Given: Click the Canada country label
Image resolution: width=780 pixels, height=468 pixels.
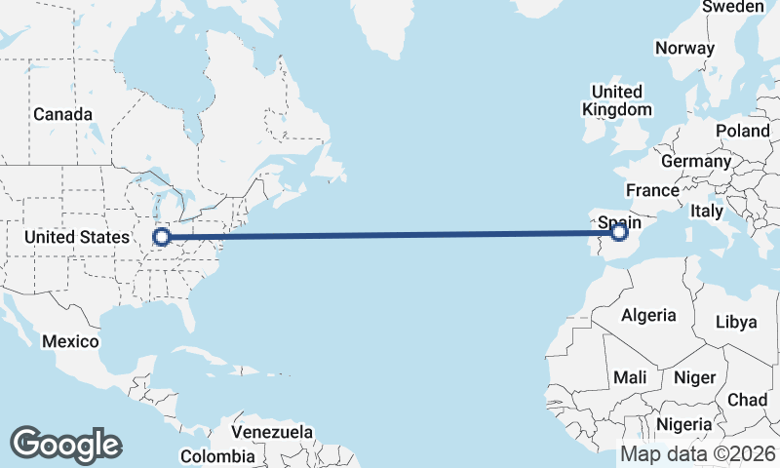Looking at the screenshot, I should (x=62, y=114).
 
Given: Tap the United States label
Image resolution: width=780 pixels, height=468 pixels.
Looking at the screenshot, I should (x=77, y=237).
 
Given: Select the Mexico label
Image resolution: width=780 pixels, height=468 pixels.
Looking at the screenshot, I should (x=70, y=341).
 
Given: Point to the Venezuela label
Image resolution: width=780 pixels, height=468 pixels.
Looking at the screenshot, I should (x=273, y=431).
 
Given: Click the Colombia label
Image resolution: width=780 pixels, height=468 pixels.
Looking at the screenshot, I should (x=217, y=455).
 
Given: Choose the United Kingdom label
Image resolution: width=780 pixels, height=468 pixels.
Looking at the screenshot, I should (x=616, y=100).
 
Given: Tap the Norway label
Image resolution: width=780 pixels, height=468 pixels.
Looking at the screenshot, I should (x=684, y=48).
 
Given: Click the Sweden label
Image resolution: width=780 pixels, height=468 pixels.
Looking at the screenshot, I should (x=733, y=7).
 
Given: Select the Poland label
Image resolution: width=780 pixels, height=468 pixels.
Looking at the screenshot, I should (x=742, y=131).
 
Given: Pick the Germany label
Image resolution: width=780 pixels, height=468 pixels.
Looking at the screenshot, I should (x=695, y=161).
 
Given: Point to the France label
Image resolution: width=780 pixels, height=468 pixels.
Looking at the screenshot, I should (x=652, y=190).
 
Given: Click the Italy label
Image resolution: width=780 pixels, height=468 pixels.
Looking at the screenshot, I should (x=707, y=211).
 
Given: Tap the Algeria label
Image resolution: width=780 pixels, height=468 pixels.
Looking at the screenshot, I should (x=648, y=315).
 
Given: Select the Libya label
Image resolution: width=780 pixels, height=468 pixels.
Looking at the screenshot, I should (x=736, y=322).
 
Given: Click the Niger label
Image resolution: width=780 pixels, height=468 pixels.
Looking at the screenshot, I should (x=695, y=376).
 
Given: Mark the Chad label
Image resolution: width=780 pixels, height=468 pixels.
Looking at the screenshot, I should (x=747, y=400).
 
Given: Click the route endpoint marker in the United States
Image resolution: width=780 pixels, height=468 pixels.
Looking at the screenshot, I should (x=163, y=236).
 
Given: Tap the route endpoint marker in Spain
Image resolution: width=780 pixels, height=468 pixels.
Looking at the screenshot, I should (x=619, y=232).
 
